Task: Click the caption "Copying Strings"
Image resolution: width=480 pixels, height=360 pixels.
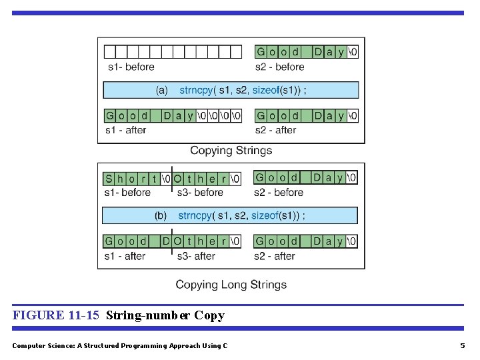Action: point(231,150)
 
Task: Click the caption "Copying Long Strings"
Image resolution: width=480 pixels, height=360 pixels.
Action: point(231,285)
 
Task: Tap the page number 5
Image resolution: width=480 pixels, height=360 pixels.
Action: point(462,345)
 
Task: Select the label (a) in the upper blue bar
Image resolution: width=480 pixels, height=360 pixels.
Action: point(162,90)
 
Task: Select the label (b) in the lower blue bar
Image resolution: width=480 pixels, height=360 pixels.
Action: point(161,215)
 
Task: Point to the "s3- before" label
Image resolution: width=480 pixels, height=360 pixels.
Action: point(200,193)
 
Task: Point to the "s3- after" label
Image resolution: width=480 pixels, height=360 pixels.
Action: point(196,256)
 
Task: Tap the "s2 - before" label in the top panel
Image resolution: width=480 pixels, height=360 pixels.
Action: point(279,67)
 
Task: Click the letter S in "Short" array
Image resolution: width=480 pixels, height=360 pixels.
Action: point(109,179)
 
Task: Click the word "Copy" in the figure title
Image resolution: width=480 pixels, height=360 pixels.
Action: point(209,315)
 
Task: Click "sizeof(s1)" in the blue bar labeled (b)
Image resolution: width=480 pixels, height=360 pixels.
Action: point(276,215)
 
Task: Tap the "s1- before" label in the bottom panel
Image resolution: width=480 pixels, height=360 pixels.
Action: point(127,193)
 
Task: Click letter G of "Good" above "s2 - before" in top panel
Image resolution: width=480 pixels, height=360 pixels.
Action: point(261,52)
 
